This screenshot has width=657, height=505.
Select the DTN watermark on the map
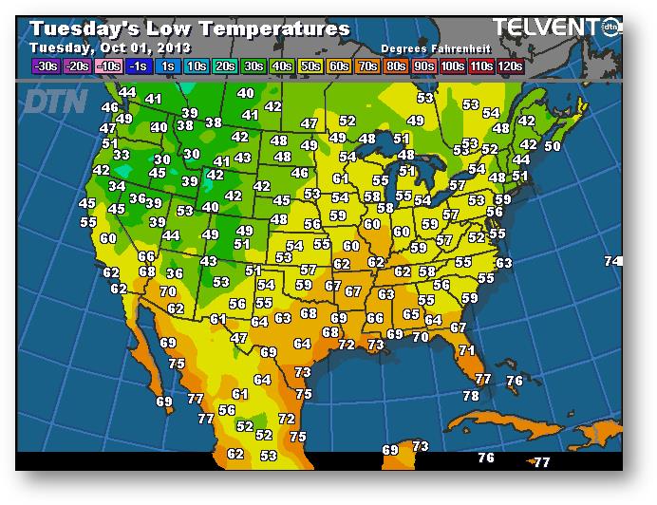56,101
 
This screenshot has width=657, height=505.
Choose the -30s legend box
45,66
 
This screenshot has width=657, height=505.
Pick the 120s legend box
511,66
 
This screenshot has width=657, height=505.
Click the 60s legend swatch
339,66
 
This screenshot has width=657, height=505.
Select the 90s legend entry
422,66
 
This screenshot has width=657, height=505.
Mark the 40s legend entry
282,66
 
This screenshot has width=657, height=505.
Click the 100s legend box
453,66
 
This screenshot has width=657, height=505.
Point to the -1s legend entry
139,66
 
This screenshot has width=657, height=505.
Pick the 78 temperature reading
471,396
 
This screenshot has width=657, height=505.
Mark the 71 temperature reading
466,350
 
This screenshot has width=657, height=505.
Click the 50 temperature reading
552,146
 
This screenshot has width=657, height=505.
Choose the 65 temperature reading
411,314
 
